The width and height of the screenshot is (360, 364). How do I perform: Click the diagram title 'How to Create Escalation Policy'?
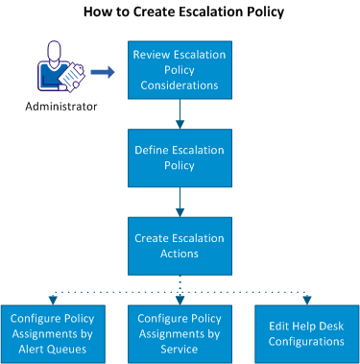tap(183, 12)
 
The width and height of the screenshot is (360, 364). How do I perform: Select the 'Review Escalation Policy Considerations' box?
tap(180, 70)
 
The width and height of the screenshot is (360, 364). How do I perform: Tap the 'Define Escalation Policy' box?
tap(180, 158)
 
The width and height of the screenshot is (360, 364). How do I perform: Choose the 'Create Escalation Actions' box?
tap(180, 246)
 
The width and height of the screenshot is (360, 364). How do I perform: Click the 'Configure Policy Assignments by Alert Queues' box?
tap(53, 334)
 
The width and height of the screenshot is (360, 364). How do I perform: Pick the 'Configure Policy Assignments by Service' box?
tap(180, 334)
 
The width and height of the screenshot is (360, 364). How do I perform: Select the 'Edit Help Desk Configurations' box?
tap(307, 334)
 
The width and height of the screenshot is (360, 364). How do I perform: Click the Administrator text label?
tap(61, 107)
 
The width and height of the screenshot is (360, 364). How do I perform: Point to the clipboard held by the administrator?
tap(72, 76)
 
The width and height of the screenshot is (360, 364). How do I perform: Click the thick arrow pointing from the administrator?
tap(103, 72)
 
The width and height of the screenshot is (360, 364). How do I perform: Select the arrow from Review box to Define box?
tap(180, 114)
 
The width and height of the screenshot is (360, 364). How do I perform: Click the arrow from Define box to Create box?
tap(180, 202)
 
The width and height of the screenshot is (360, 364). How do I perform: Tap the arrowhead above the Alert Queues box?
tap(53, 301)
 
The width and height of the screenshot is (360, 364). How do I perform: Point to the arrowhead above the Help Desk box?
tap(307, 301)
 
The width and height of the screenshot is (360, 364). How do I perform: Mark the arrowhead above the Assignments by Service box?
tap(180, 301)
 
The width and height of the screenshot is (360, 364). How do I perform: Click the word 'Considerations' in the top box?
tap(180, 85)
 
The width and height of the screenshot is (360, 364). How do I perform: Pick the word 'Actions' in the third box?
tap(180, 254)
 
